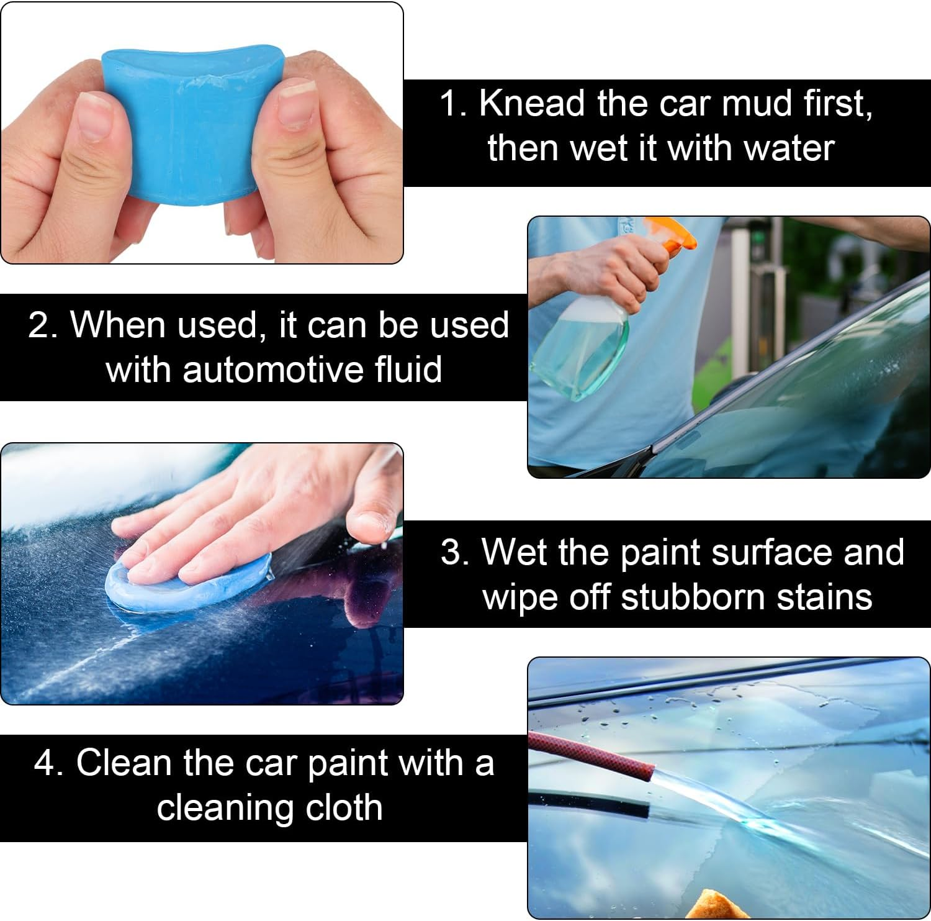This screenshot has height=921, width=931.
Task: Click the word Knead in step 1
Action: pyautogui.click(x=531, y=103)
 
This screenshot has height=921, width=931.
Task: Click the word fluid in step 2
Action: pyautogui.click(x=408, y=370)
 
